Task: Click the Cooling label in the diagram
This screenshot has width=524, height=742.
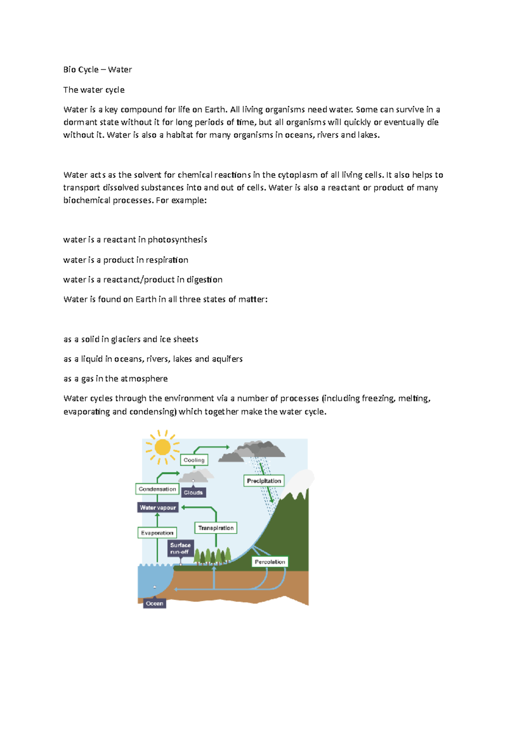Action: tap(194, 460)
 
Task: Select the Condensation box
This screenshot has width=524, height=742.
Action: tap(157, 489)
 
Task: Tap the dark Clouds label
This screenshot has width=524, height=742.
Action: tap(193, 492)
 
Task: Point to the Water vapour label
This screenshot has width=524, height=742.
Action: tap(158, 507)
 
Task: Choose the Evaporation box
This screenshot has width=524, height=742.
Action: tap(157, 533)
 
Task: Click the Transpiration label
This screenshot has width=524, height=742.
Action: tap(216, 528)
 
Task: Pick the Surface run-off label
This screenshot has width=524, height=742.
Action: tap(180, 548)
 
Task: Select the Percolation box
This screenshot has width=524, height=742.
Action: tap(270, 562)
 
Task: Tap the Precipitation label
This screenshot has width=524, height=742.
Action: tap(264, 481)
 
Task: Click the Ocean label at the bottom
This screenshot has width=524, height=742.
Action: tap(155, 603)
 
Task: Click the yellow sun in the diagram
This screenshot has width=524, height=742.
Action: tap(162, 447)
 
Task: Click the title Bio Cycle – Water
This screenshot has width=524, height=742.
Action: tap(97, 69)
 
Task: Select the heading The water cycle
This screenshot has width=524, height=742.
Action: tap(94, 90)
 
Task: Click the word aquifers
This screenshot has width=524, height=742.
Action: tap(227, 359)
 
